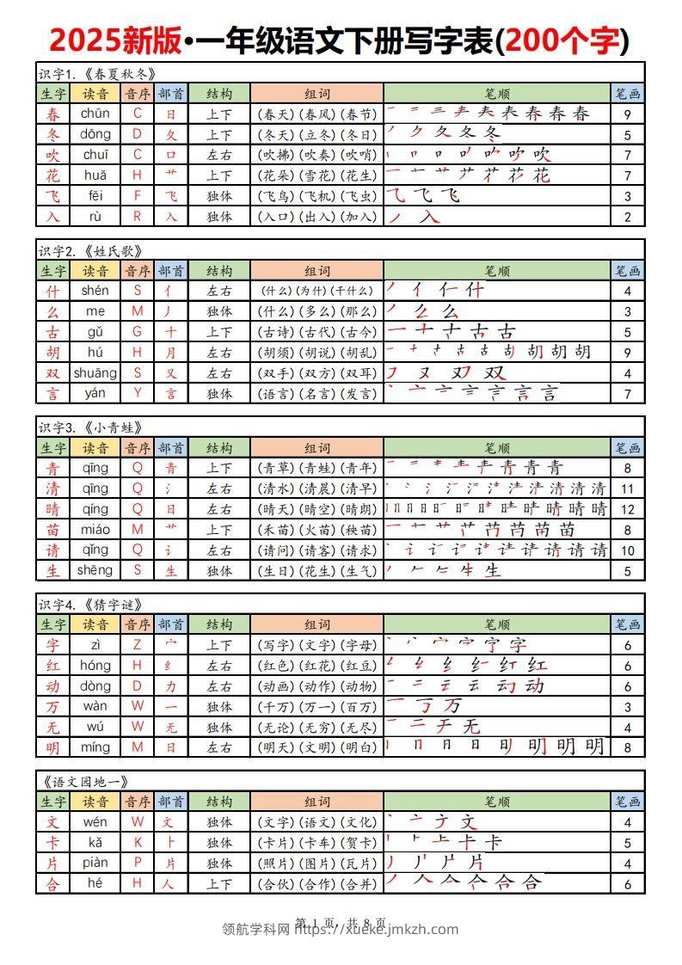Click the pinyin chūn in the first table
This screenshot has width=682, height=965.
pos(95,114)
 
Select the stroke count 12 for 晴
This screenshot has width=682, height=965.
pos(628,509)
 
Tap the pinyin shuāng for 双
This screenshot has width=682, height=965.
pos(95,373)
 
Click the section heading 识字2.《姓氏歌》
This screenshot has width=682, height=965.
pos(90,250)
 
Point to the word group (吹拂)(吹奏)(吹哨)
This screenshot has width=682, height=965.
pos(317,156)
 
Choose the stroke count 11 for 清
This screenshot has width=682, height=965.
pos(628,489)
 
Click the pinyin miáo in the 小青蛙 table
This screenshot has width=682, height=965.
pos(95,530)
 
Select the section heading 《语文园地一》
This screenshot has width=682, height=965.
pos(85,782)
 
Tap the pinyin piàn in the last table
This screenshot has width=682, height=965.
pos(95,863)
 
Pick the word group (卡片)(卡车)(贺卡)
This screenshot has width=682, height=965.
pos(317,843)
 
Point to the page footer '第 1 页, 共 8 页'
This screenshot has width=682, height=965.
pos(341,923)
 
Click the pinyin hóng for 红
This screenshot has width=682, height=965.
pos(95,666)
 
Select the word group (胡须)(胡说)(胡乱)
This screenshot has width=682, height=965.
pos(317,353)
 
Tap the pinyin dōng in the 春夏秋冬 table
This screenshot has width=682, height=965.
pos(95,134)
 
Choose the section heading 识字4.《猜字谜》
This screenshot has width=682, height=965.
pos(90,605)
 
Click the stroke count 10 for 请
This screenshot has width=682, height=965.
pos(628,550)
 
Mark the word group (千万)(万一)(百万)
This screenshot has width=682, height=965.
pos(317,707)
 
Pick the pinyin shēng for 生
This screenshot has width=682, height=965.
pos(95,570)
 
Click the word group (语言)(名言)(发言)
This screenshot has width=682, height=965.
pos(317,394)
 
